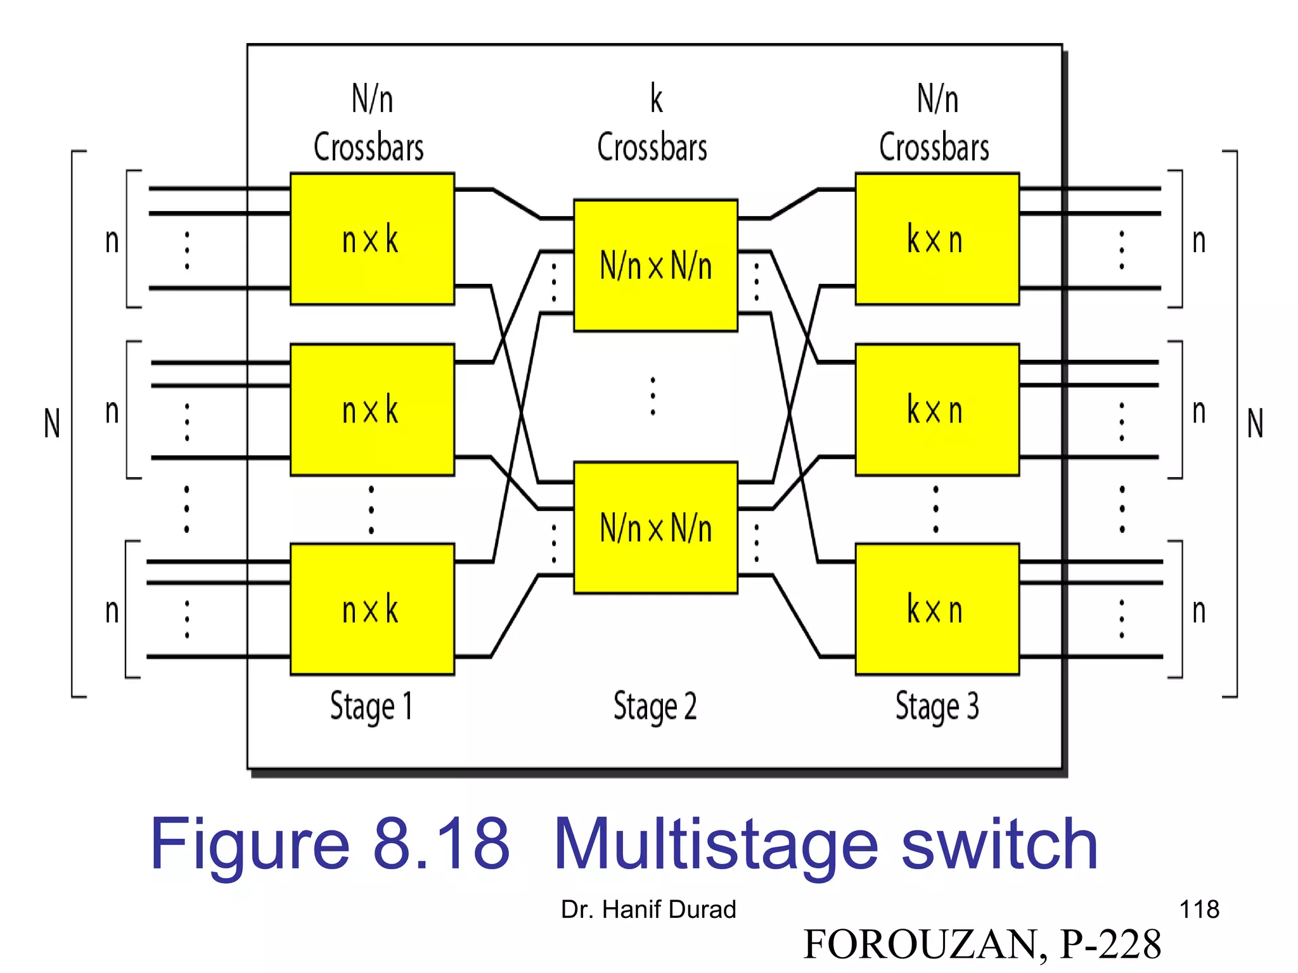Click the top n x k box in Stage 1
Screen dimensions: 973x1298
(x=372, y=239)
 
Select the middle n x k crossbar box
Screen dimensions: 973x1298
(x=372, y=410)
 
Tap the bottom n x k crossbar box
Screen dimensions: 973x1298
(x=372, y=609)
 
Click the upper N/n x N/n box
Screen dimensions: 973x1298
(x=655, y=265)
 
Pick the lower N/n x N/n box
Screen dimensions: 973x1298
(x=655, y=528)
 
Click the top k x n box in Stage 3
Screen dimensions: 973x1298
(x=937, y=239)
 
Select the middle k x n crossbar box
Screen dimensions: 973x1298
(x=937, y=410)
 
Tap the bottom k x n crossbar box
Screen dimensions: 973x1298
(x=937, y=609)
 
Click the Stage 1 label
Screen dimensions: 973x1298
(x=371, y=706)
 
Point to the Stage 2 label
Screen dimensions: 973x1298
(x=655, y=706)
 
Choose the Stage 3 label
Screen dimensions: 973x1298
(x=937, y=706)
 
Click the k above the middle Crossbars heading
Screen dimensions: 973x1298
(x=657, y=99)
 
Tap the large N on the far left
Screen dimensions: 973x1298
(x=52, y=423)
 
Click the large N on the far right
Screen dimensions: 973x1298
(x=1255, y=423)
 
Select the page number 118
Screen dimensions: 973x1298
(x=1199, y=910)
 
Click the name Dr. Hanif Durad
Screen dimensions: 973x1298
(x=648, y=910)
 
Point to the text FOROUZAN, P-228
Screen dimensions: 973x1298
(x=982, y=944)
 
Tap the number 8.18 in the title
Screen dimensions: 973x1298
(x=442, y=844)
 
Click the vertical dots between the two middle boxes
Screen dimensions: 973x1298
(x=653, y=397)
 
